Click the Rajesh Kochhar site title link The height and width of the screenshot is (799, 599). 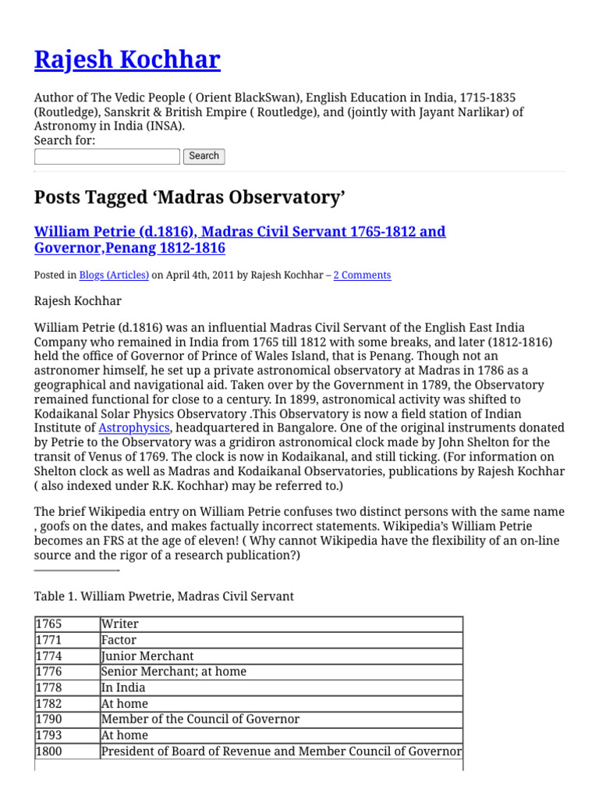(127, 59)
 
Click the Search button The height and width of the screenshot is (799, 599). (204, 156)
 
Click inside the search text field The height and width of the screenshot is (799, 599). (107, 156)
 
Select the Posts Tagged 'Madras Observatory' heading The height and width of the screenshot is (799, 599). (190, 197)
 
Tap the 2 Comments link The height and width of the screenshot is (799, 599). (362, 275)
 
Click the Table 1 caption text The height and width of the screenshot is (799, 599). (164, 596)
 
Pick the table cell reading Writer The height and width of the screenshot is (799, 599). (120, 624)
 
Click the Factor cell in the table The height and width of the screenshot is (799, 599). (119, 640)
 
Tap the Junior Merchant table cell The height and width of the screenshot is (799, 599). (147, 656)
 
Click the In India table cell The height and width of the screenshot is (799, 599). (123, 687)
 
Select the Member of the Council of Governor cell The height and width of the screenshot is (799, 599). (200, 719)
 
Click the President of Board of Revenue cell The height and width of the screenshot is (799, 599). (281, 751)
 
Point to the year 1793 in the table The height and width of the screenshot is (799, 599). (48, 735)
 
